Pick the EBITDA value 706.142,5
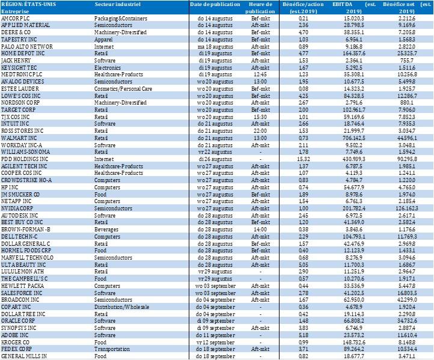click(346, 155)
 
